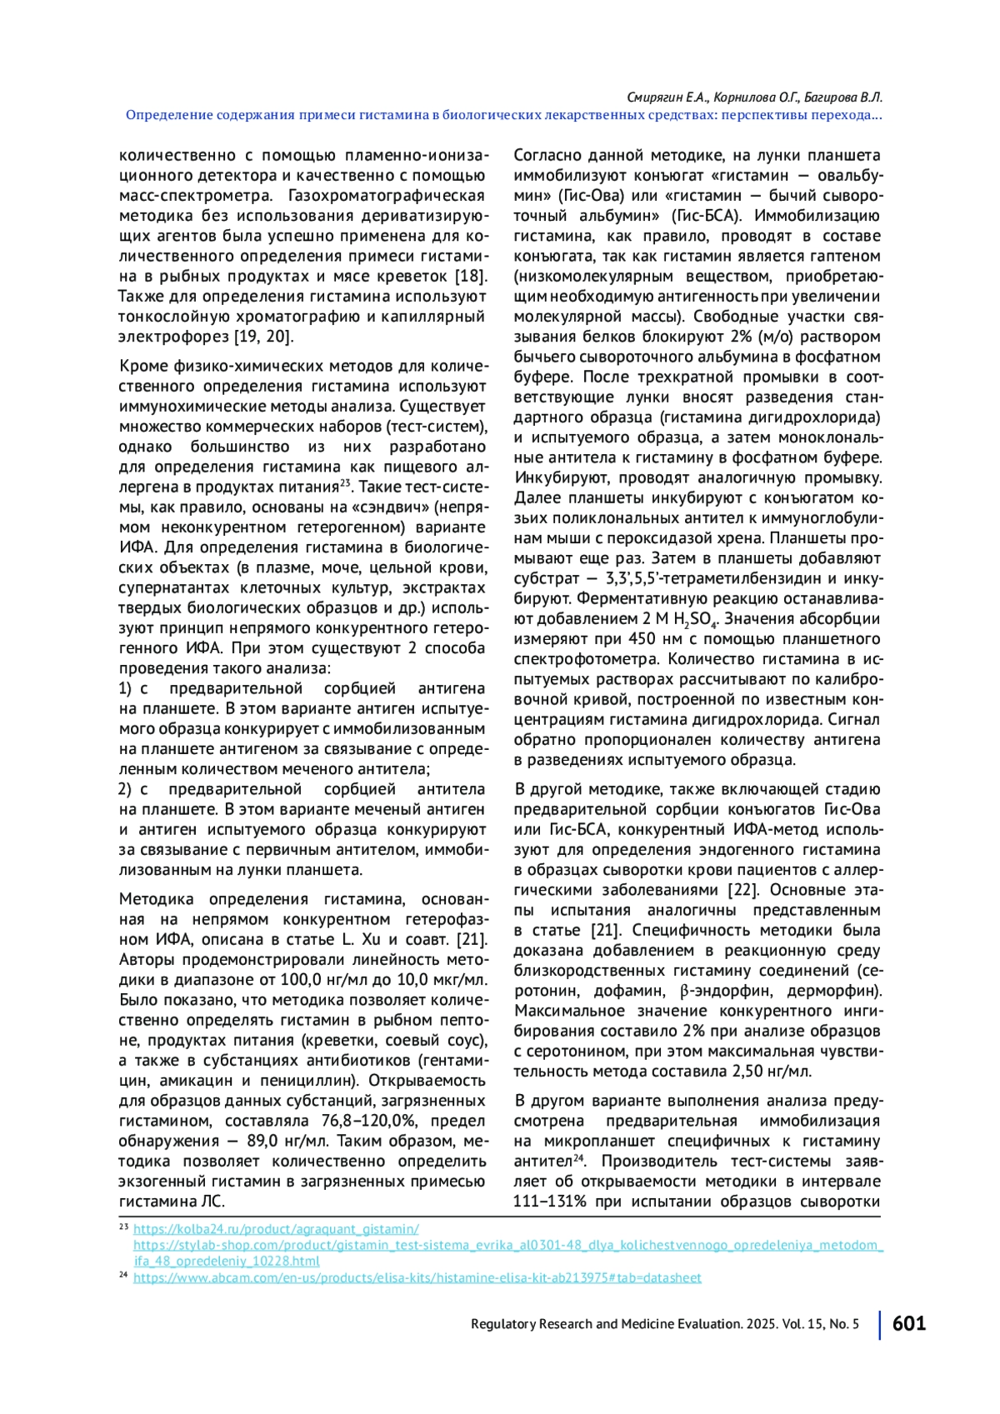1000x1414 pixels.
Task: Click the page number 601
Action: point(908,1323)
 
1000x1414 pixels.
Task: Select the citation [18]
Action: point(471,276)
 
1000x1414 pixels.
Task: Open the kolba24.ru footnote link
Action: point(276,1229)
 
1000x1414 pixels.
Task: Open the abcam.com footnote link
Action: point(417,1277)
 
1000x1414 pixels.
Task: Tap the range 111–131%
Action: point(550,1202)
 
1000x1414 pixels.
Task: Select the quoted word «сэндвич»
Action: point(391,507)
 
